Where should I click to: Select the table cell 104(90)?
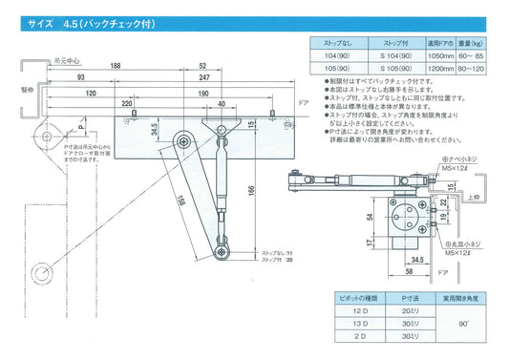[335, 55]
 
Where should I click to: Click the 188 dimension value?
[141, 67]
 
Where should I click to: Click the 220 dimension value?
[126, 103]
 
